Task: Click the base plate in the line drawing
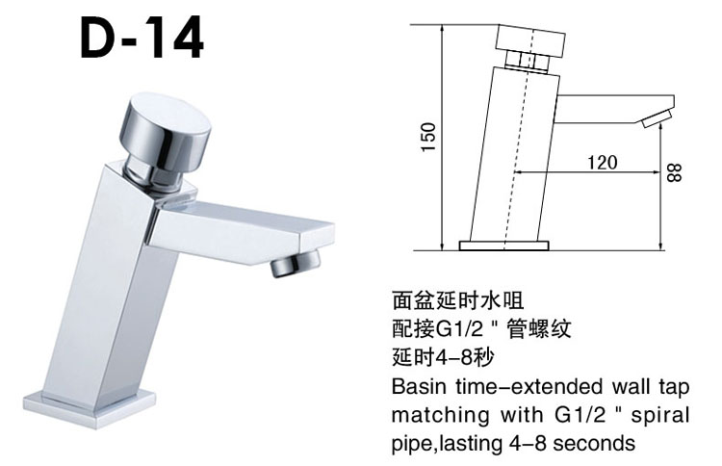coord(503,245)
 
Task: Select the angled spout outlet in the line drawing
coord(655,119)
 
